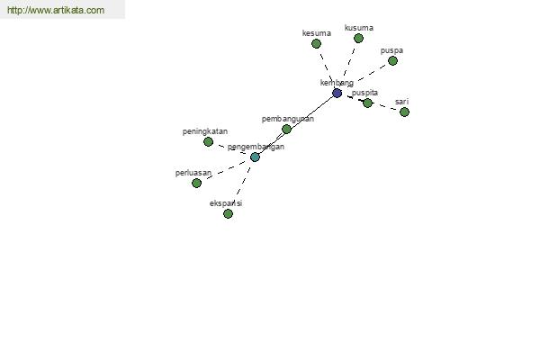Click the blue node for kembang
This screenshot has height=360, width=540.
pyautogui.click(x=337, y=93)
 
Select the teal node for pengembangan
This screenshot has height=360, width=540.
pyautogui.click(x=255, y=157)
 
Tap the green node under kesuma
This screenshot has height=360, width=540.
pyautogui.click(x=316, y=44)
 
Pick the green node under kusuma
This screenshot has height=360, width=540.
pyautogui.click(x=358, y=38)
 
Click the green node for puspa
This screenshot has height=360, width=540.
pyautogui.click(x=392, y=61)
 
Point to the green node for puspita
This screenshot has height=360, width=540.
pyautogui.click(x=367, y=103)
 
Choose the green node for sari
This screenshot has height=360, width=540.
pyautogui.click(x=404, y=112)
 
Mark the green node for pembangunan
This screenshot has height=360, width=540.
pyautogui.click(x=286, y=130)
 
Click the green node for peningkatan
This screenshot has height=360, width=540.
pyautogui.click(x=208, y=141)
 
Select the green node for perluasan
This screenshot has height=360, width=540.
pyautogui.click(x=196, y=183)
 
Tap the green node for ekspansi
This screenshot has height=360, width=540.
pyautogui.click(x=228, y=214)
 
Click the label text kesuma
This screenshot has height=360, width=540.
pyautogui.click(x=317, y=33)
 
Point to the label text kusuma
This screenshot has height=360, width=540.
pyautogui.click(x=359, y=28)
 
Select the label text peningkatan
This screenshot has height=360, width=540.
pyautogui.click(x=205, y=131)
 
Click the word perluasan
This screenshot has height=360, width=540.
pyautogui.click(x=193, y=173)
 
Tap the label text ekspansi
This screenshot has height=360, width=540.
pyautogui.click(x=226, y=203)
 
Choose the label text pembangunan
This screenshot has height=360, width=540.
pyautogui.click(x=288, y=119)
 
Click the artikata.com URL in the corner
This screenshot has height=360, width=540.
pyautogui.click(x=56, y=10)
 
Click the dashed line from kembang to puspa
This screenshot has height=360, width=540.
pyautogui.click(x=371, y=73)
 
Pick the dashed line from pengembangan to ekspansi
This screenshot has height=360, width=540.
pyautogui.click(x=244, y=181)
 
